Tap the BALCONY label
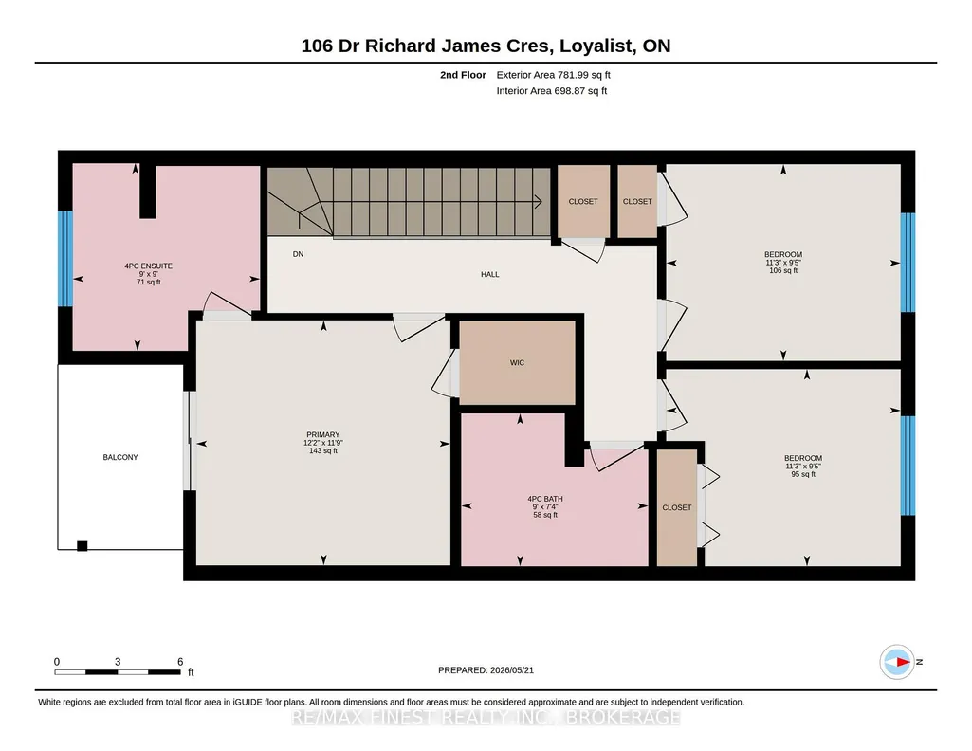(x=120, y=457)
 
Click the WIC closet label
(x=517, y=362)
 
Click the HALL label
(x=489, y=274)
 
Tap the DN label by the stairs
(x=298, y=254)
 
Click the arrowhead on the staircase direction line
(x=539, y=201)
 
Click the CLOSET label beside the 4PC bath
(x=677, y=507)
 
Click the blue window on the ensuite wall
(x=65, y=258)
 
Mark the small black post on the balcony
(x=82, y=546)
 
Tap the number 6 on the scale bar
(x=180, y=662)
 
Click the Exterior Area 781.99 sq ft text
(x=554, y=75)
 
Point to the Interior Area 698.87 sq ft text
(x=552, y=90)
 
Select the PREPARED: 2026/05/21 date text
(x=486, y=669)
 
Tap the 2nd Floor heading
(x=463, y=75)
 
